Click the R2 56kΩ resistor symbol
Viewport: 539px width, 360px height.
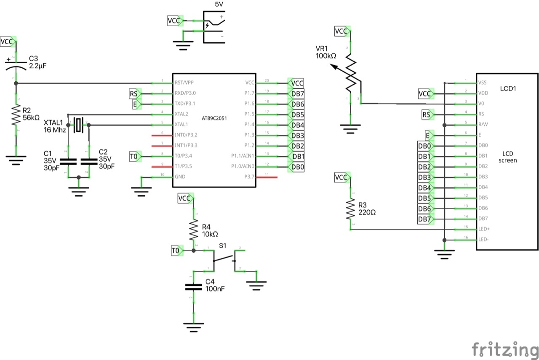point(16,115)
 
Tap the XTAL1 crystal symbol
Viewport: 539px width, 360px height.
point(79,125)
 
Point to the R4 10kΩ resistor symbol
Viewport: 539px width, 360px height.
point(194,230)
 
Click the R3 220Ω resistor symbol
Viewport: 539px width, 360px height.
point(351,210)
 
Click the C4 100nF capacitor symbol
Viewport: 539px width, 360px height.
point(194,287)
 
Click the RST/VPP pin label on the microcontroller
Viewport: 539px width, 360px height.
point(184,83)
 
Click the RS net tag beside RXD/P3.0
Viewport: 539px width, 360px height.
point(134,93)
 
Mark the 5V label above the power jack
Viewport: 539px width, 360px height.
point(219,4)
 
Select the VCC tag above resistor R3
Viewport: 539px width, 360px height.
point(342,178)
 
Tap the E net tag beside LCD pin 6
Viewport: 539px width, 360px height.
point(429,135)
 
